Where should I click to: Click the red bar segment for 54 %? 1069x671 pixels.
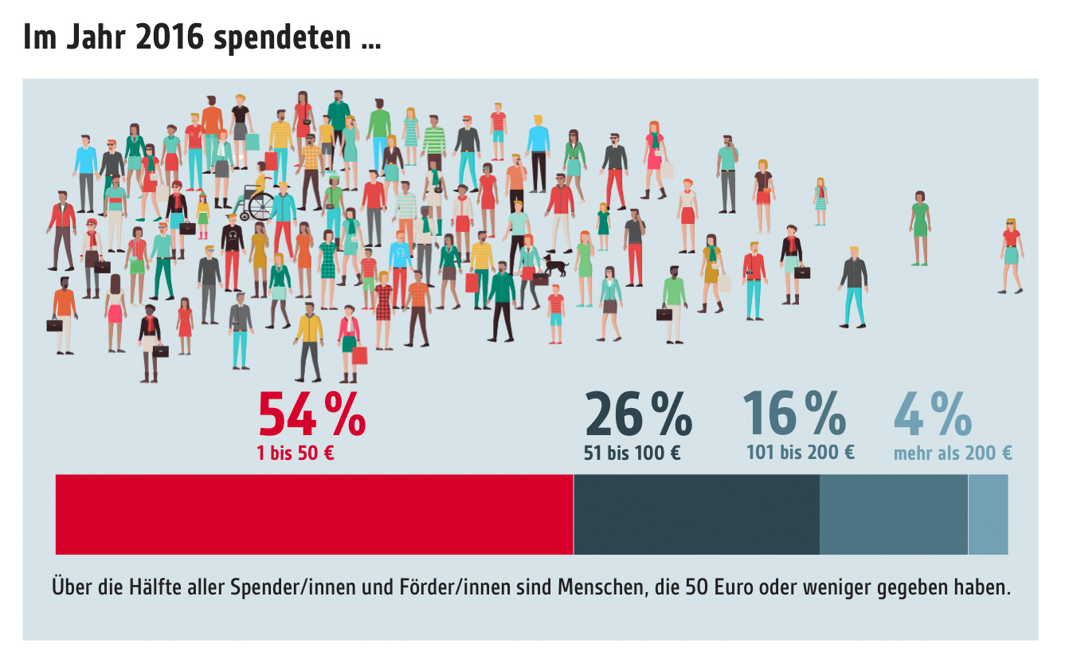click(314, 514)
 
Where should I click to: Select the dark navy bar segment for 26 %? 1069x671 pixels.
click(696, 514)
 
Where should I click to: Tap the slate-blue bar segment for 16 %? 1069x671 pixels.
click(893, 514)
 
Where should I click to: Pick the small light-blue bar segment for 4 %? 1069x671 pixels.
click(988, 514)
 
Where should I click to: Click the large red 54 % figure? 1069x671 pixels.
click(311, 414)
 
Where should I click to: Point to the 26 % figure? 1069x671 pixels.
click(638, 414)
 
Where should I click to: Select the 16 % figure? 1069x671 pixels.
click(794, 413)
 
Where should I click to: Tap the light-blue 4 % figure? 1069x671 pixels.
click(933, 414)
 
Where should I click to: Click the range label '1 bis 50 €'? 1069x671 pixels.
click(295, 453)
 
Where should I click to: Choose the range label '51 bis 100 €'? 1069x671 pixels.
click(632, 453)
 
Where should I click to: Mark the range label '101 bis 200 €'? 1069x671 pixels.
click(800, 453)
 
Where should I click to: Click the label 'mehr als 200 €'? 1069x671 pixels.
click(953, 453)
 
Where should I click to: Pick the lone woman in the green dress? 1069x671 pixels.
click(920, 228)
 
